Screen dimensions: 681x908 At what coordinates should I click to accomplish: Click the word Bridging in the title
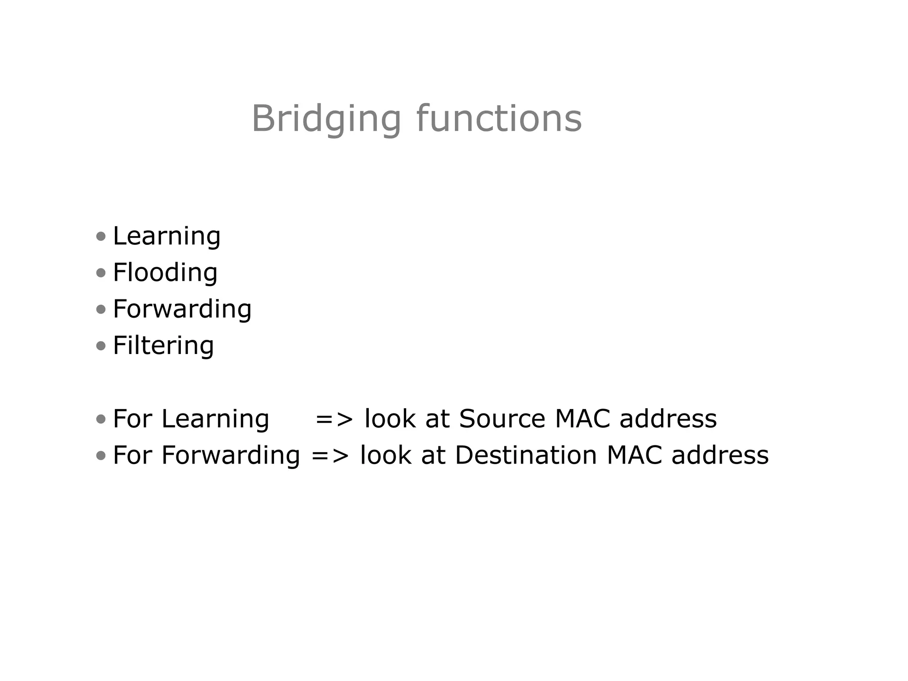coord(326,119)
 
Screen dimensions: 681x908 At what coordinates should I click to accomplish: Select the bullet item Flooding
coord(165,272)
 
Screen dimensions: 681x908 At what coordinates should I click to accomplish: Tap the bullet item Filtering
coord(163,345)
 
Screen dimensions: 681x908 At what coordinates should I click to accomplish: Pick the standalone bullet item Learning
coord(167,236)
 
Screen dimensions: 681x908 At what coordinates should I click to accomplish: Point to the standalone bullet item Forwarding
coord(182,309)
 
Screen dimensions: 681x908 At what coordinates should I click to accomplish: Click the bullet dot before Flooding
coord(101,272)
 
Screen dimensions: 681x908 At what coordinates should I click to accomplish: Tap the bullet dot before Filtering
coord(101,346)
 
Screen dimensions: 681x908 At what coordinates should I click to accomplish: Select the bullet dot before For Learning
coord(101,419)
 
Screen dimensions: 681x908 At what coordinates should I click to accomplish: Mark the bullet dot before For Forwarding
coord(101,455)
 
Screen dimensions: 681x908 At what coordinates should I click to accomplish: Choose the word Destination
coord(526,455)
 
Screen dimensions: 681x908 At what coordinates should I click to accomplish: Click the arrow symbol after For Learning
coord(334,419)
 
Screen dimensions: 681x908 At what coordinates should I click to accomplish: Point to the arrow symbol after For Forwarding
coord(330,456)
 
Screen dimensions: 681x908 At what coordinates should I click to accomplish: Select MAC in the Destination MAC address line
coord(634,455)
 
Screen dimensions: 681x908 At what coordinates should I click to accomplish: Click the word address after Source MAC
coord(668,418)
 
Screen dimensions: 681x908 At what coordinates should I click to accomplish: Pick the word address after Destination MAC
coord(720,455)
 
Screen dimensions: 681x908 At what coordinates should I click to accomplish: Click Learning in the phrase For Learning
coord(215,419)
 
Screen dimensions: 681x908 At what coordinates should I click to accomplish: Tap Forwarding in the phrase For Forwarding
coord(231,456)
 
